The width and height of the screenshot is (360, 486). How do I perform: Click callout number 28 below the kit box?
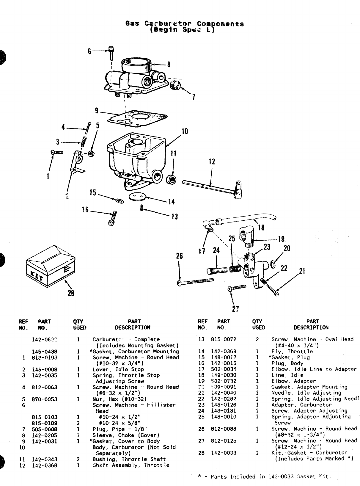[71, 293]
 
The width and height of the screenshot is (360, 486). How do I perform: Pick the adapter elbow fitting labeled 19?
[246, 234]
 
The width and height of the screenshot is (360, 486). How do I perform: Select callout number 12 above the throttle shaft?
[212, 162]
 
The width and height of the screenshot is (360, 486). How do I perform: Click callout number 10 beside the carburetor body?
[185, 131]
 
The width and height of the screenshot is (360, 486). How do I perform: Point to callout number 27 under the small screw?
[235, 309]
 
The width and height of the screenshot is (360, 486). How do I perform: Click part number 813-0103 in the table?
[45, 358]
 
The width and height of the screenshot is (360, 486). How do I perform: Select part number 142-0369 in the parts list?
[224, 352]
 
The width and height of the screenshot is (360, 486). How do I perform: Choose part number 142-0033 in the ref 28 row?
[224, 453]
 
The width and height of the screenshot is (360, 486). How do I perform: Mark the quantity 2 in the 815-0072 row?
[257, 339]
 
